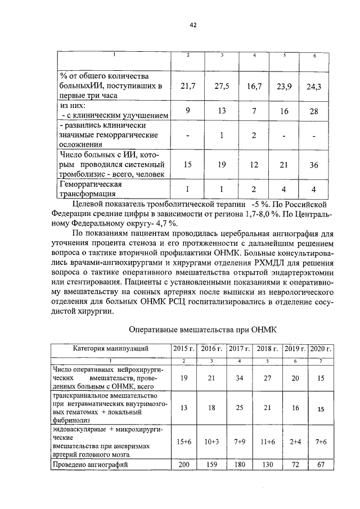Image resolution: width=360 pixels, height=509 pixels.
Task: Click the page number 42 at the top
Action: coord(193,25)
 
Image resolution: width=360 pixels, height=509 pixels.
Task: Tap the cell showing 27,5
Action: coord(222,86)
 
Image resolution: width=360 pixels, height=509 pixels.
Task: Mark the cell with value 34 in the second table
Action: coord(240,379)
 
